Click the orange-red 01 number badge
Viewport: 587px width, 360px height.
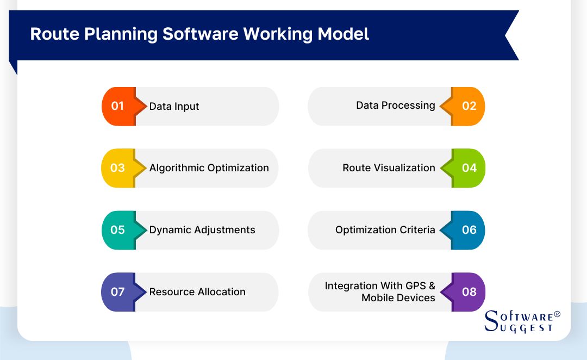118,106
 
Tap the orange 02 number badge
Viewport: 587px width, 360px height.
469,106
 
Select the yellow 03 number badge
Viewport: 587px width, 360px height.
118,168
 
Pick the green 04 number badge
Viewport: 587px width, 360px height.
469,168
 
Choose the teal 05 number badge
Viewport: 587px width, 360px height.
118,230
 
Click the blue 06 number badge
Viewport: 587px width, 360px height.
469,230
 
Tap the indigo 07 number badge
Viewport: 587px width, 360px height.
118,292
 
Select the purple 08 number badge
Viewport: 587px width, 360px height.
469,292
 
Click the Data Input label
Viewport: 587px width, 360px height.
174,107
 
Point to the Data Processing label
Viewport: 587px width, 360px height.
396,105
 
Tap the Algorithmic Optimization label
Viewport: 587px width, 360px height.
209,168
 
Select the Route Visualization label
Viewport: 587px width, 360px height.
389,168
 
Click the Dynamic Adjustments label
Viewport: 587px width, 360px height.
202,230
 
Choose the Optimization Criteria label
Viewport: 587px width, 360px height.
385,230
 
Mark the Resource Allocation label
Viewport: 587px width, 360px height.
197,292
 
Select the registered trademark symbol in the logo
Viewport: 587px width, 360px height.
557,314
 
